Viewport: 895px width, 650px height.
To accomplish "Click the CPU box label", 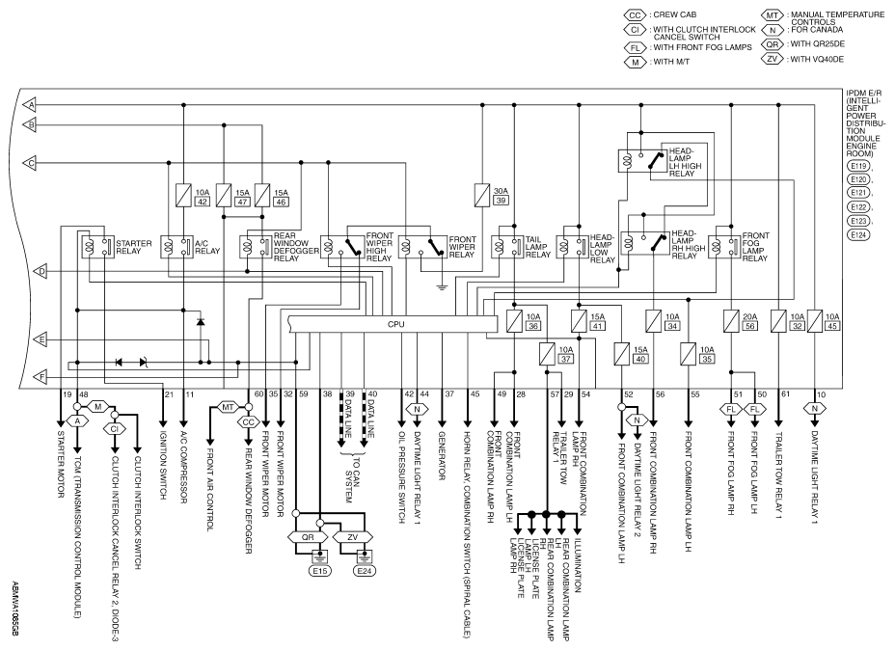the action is pyautogui.click(x=395, y=324).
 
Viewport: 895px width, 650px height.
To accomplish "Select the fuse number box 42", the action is pyautogui.click(x=203, y=202).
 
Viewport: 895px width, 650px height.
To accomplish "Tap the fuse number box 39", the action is pyautogui.click(x=502, y=201).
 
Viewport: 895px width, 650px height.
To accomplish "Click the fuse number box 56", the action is pyautogui.click(x=749, y=326).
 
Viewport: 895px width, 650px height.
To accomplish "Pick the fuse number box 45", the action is pyautogui.click(x=832, y=326).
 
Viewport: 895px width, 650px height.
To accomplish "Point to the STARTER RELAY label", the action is pyautogui.click(x=133, y=247).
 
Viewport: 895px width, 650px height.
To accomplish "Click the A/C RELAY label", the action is pyautogui.click(x=207, y=247).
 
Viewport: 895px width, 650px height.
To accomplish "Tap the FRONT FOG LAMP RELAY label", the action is pyautogui.click(x=756, y=247).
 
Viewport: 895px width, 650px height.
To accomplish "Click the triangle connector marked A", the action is pyautogui.click(x=29, y=105).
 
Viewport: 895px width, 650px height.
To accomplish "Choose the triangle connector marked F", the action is pyautogui.click(x=40, y=377).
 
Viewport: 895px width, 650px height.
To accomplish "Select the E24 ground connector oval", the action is pyautogui.click(x=365, y=571).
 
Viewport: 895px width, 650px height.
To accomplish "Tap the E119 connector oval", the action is pyautogui.click(x=858, y=166).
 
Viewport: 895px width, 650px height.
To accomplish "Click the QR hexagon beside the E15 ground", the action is pyautogui.click(x=308, y=537).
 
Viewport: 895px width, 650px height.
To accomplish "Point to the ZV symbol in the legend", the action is pyautogui.click(x=772, y=59).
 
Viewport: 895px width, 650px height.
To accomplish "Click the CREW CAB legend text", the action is pyautogui.click(x=675, y=14).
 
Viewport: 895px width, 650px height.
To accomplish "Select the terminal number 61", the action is pyautogui.click(x=786, y=393).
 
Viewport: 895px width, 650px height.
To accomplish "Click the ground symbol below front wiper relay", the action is pyautogui.click(x=442, y=287).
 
